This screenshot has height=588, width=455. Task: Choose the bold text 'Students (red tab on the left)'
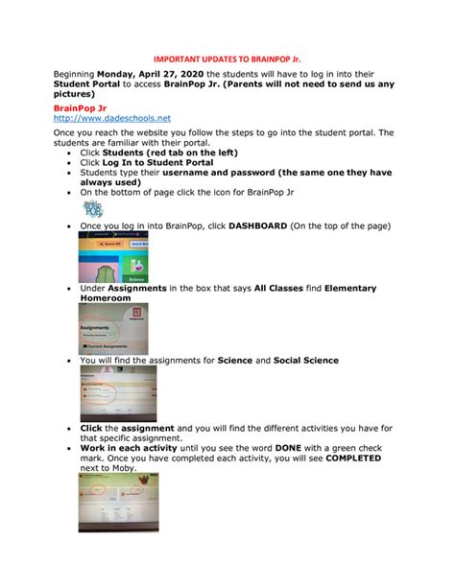[170, 153]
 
